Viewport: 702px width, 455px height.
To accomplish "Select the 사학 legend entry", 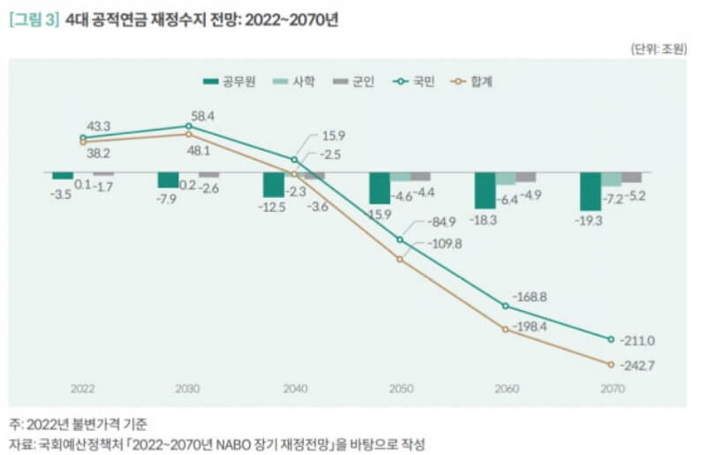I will point(298,81).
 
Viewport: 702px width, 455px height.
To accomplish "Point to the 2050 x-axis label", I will point(400,388).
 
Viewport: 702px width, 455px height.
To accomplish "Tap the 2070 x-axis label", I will point(612,388).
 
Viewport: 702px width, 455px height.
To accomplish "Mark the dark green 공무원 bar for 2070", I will point(590,190).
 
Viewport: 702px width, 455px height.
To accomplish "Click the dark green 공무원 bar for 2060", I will point(484,189).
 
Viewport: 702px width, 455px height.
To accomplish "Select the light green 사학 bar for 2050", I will point(399,177).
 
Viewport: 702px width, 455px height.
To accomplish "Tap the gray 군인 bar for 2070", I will point(631,177).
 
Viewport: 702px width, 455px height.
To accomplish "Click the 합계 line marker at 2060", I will point(505,329).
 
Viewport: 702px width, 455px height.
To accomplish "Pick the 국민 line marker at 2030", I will point(188,126).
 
